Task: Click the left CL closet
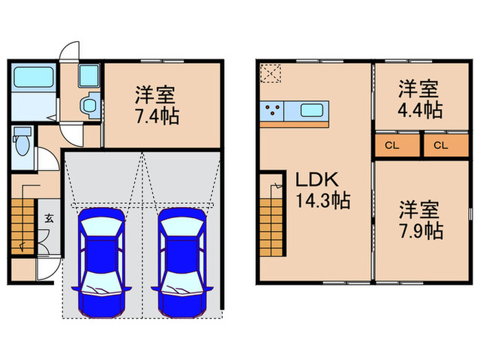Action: [397, 145]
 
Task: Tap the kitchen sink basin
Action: [313, 110]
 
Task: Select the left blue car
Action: [101, 261]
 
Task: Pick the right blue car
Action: [182, 261]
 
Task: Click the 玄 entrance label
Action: [49, 219]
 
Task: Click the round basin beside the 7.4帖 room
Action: [88, 105]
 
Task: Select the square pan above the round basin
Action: [88, 77]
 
